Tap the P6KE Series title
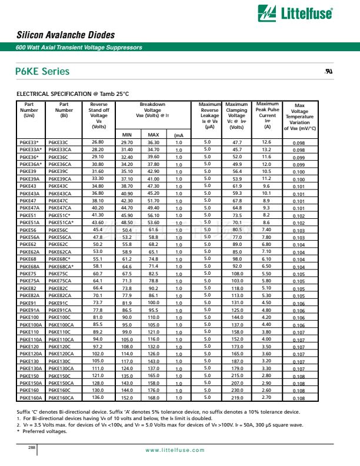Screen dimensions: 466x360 click(42, 72)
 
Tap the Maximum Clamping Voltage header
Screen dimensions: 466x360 click(236, 115)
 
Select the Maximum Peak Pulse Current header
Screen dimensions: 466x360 click(268, 115)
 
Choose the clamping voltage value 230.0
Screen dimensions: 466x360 click(237, 390)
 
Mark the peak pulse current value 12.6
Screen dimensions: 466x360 click(266, 142)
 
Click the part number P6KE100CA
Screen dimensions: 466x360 click(61, 324)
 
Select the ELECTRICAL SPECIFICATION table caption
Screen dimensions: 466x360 click(72, 94)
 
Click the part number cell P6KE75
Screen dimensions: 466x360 click(27, 273)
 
